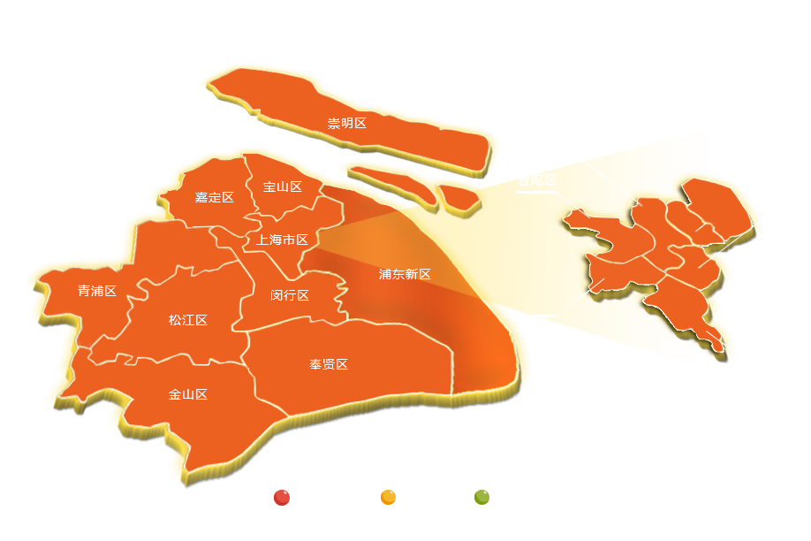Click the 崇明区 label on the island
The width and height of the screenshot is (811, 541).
tap(346, 123)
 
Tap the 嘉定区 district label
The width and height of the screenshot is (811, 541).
tap(214, 197)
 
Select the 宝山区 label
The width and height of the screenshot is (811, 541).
tap(283, 187)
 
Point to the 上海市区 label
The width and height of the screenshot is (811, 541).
tap(282, 240)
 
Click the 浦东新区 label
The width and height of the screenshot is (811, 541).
tap(405, 274)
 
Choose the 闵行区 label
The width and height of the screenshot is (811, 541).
tap(290, 294)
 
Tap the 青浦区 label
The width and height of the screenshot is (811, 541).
tap(97, 290)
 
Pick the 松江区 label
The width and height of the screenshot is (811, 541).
tap(187, 319)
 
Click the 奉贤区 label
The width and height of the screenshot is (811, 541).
tap(329, 364)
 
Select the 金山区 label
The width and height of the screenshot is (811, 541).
tap(187, 394)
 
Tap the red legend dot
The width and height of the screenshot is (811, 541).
tap(282, 497)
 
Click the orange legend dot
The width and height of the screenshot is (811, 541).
tap(388, 497)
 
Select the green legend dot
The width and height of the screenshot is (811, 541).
tap(481, 497)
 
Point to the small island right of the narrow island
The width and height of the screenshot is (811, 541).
tap(459, 195)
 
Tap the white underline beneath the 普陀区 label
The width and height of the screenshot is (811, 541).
tap(536, 191)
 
